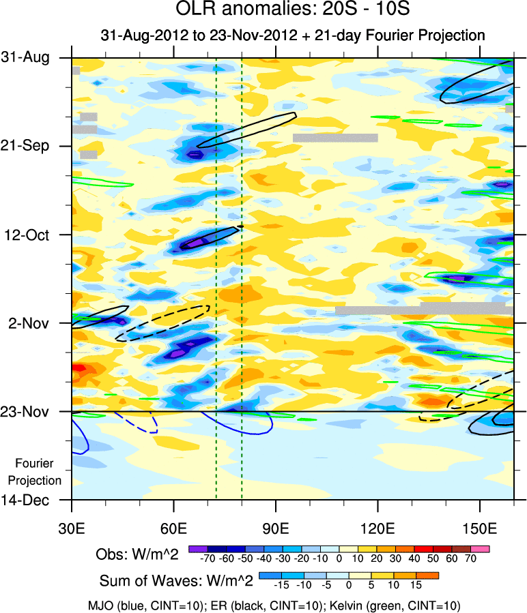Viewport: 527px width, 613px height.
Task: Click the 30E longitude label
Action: [x=72, y=528]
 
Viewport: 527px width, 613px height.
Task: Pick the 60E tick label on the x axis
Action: [x=173, y=528]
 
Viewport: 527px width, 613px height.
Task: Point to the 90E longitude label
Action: [x=276, y=528]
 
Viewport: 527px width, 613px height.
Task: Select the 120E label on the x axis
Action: [x=378, y=528]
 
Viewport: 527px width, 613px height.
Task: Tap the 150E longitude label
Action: [x=480, y=528]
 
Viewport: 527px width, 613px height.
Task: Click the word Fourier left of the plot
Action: [x=34, y=463]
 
